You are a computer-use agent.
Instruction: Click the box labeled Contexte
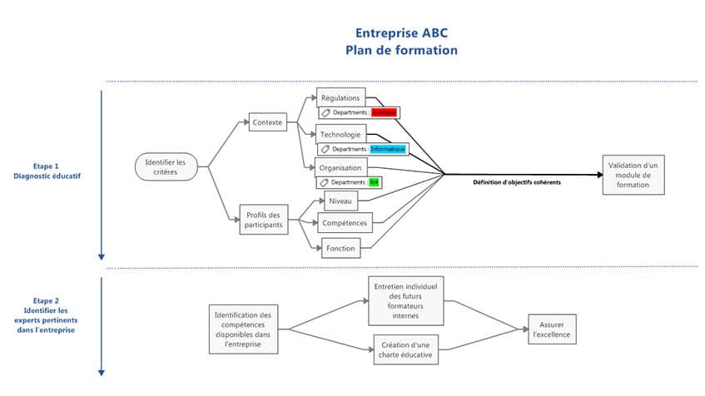tap(266, 123)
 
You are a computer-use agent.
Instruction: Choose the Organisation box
tap(340, 166)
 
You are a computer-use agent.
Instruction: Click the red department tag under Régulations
tap(384, 112)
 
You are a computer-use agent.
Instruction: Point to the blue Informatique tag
tap(389, 149)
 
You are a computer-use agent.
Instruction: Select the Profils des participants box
tap(264, 220)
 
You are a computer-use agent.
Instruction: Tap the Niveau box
tap(341, 201)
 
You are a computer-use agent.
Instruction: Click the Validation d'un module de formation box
tap(633, 175)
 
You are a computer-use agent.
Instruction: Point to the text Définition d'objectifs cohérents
tap(517, 181)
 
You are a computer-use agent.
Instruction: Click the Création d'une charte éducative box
tap(405, 349)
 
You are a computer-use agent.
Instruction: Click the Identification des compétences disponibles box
tap(242, 329)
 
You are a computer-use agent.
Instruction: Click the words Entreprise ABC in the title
tap(401, 33)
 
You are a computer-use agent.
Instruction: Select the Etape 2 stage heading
tap(46, 301)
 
